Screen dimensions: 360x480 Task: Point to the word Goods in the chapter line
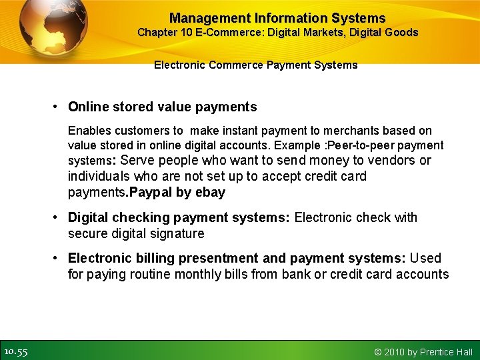[402, 32]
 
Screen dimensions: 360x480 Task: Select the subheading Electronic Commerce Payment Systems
[255, 65]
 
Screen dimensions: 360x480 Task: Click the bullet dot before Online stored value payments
[59, 107]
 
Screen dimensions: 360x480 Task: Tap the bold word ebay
[212, 192]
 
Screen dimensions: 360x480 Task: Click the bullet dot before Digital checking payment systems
[59, 217]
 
